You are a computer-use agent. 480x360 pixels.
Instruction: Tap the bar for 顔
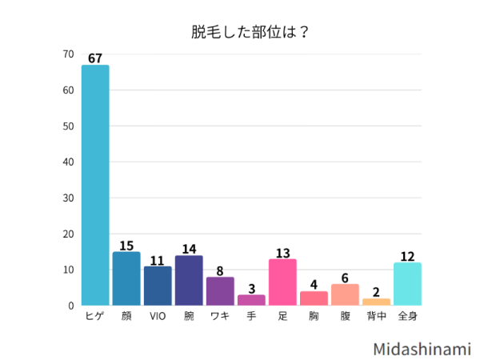point(126,278)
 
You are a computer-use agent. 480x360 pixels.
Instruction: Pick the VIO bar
point(158,286)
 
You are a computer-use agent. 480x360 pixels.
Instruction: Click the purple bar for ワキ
point(220,291)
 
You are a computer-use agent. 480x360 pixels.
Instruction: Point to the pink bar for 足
point(282,282)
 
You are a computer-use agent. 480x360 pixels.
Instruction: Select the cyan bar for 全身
point(407,284)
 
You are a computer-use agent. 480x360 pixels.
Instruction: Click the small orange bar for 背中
point(376,302)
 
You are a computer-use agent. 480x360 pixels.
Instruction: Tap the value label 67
point(95,58)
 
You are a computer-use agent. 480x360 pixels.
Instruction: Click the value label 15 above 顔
point(126,245)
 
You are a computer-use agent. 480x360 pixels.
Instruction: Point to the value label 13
point(282,252)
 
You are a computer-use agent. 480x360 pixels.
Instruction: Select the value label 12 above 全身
point(407,256)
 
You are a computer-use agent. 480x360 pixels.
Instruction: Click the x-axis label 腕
point(189,316)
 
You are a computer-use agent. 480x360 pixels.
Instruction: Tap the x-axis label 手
point(251,316)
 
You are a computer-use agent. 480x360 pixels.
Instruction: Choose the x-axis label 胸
point(314,316)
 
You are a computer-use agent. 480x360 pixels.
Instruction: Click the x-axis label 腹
point(345,316)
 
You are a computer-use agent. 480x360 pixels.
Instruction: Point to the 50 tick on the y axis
point(69,126)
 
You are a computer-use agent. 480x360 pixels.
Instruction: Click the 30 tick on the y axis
point(69,198)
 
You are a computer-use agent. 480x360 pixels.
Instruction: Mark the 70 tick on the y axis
point(69,54)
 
